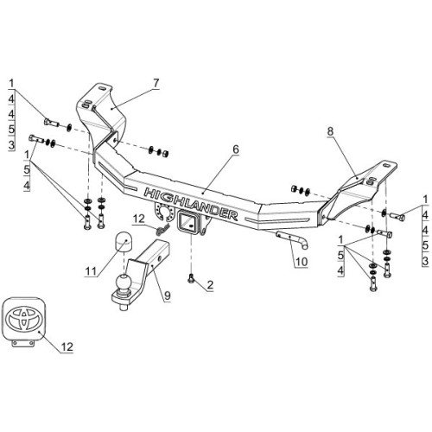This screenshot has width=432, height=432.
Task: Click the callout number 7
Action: click(156, 83)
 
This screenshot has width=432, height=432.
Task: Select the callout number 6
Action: click(236, 149)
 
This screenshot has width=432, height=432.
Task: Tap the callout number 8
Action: click(330, 131)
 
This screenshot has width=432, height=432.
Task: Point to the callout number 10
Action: click(302, 262)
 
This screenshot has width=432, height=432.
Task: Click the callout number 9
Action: click(167, 295)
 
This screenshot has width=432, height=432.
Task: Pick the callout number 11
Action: click(91, 270)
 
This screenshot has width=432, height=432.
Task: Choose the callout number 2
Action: click(210, 285)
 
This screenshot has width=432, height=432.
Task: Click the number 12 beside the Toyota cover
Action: click(67, 346)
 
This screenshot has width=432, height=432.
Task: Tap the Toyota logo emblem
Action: click(24, 319)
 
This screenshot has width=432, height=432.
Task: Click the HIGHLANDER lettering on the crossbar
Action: click(191, 204)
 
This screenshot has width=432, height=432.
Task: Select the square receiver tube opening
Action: click(187, 222)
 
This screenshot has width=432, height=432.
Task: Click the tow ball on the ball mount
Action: click(124, 283)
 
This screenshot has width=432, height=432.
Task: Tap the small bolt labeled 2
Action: click(190, 278)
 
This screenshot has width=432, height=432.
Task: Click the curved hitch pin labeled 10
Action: click(292, 239)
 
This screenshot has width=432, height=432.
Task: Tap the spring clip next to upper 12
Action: click(162, 230)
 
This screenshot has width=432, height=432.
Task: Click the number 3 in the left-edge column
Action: click(11, 145)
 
